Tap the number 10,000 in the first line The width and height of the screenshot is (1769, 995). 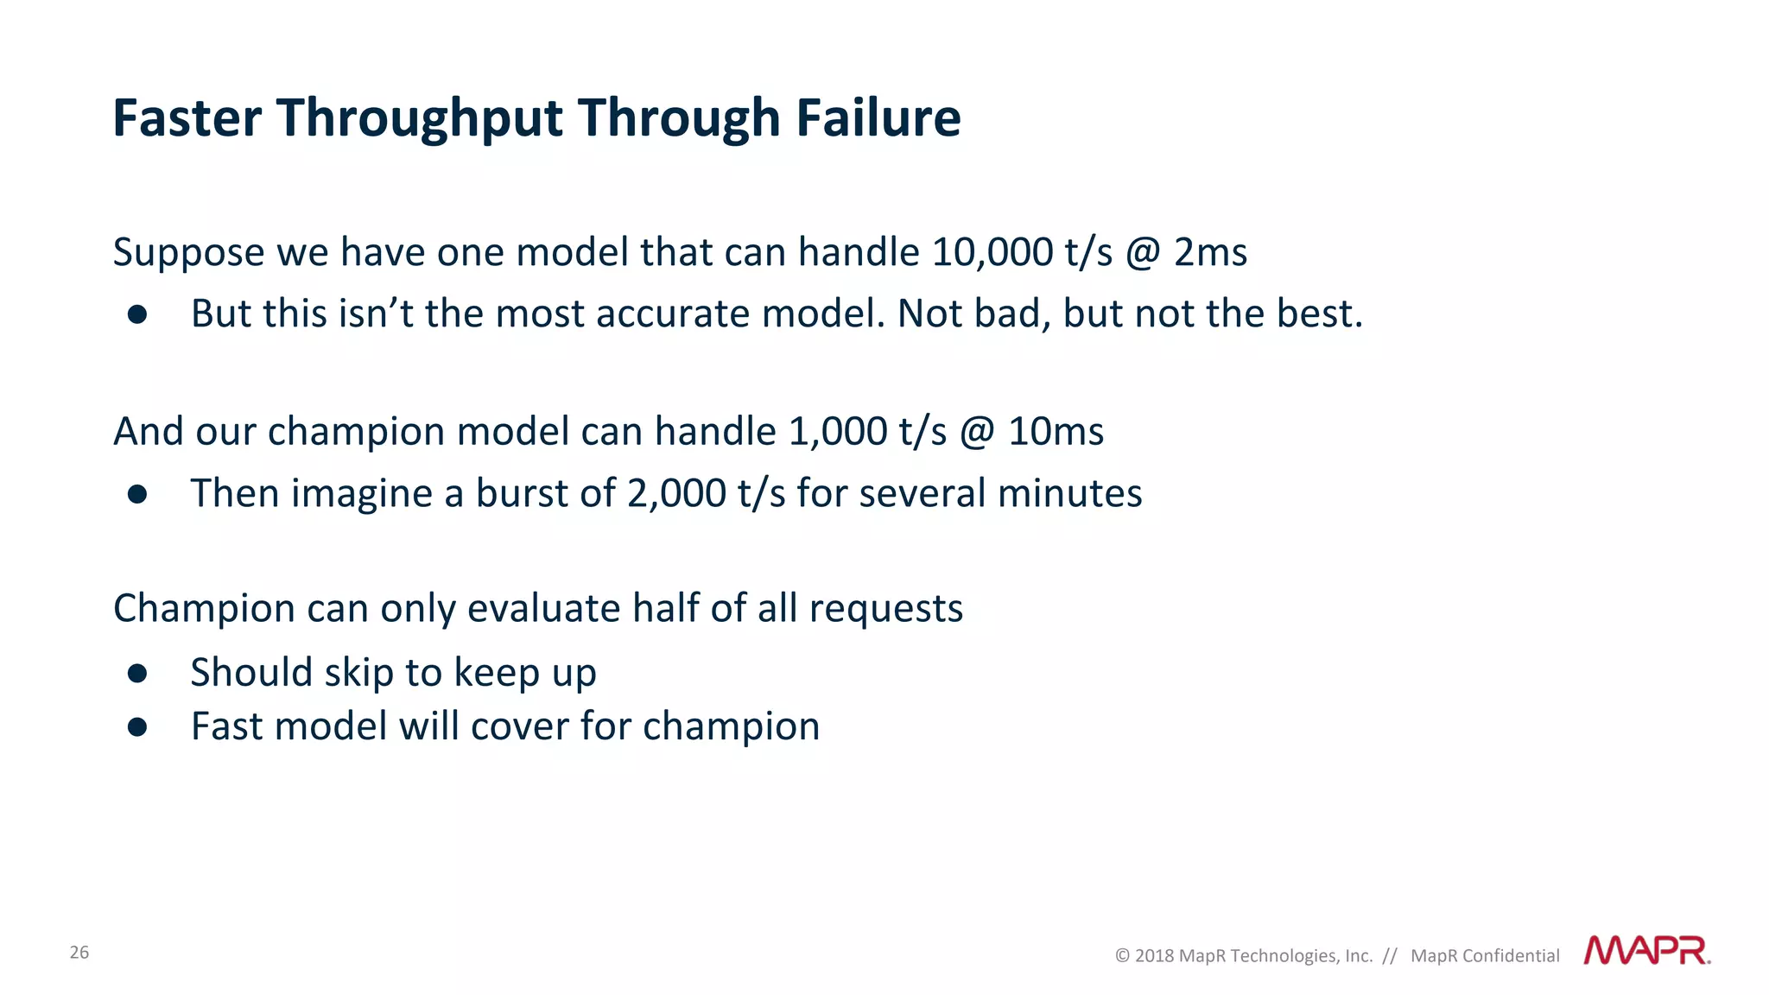992,252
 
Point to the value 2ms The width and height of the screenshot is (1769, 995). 1210,252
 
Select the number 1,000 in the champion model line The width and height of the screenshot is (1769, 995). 838,431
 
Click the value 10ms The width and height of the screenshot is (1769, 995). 1056,431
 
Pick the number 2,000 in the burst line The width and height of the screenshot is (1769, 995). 676,493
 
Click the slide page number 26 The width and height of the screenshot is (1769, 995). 79,953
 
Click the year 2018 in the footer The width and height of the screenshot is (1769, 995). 1154,956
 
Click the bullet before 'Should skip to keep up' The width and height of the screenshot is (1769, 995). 137,673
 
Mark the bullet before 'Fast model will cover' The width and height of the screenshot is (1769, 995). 137,726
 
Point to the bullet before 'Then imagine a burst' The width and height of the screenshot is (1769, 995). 137,494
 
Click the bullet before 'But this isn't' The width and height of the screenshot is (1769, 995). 137,314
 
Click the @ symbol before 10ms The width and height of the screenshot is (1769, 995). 977,432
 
